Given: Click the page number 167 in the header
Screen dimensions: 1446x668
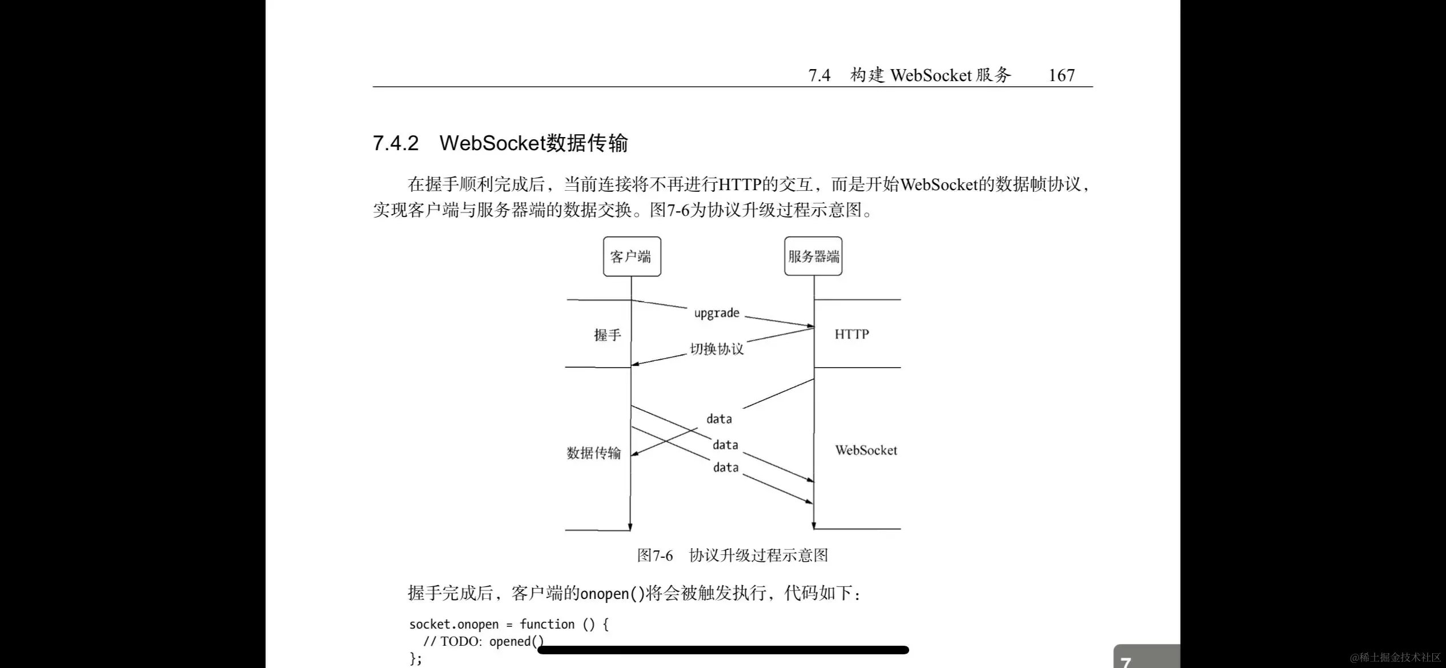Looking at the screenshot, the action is (x=1061, y=75).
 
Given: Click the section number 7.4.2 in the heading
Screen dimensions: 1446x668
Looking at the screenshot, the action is (x=396, y=143).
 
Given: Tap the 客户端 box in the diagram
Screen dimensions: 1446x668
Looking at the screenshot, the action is (x=632, y=257).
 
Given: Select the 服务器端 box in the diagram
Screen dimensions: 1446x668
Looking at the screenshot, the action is (x=813, y=257).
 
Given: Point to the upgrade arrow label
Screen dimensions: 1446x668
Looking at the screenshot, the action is (x=716, y=313).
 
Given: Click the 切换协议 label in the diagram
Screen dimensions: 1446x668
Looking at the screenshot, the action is (x=717, y=349).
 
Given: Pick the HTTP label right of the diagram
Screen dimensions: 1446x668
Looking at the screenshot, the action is (x=851, y=335).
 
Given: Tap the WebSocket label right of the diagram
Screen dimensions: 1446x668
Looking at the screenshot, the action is (x=866, y=450).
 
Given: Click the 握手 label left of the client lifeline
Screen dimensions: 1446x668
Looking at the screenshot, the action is (x=607, y=335).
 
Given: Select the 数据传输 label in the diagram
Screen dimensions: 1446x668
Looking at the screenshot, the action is (x=593, y=453).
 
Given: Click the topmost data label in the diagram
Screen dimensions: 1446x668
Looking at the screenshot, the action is (x=719, y=419).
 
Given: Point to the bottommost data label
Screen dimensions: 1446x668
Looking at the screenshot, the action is (x=725, y=468).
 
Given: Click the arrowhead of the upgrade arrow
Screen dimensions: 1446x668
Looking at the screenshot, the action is (x=810, y=326).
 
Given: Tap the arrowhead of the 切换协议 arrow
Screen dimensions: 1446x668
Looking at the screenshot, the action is (x=635, y=364).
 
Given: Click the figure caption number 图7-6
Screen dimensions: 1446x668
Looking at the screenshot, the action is (x=655, y=556).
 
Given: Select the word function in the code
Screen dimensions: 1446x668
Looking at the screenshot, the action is (x=547, y=625).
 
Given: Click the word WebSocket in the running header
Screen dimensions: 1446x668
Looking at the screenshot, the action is (x=930, y=75).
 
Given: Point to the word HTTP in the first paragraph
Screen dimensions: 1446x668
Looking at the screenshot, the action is (x=740, y=184).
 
